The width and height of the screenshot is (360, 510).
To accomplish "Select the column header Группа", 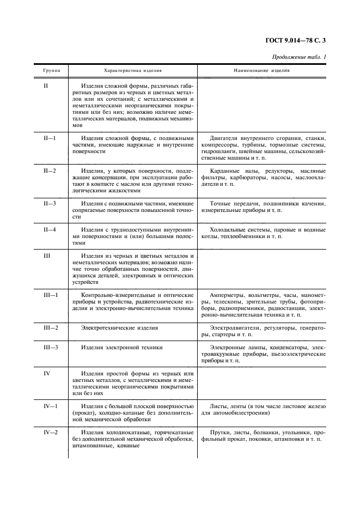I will tap(52, 71).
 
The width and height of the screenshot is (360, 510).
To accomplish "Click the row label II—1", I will tap(50, 138).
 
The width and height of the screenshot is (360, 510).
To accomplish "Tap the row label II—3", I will tap(50, 203).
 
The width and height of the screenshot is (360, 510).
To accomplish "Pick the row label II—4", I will tap(50, 229).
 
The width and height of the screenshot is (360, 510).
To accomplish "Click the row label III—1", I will tap(51, 295).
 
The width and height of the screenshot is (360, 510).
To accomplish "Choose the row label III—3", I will tap(51, 347).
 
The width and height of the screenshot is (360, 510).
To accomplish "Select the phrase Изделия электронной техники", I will tap(121, 347).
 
